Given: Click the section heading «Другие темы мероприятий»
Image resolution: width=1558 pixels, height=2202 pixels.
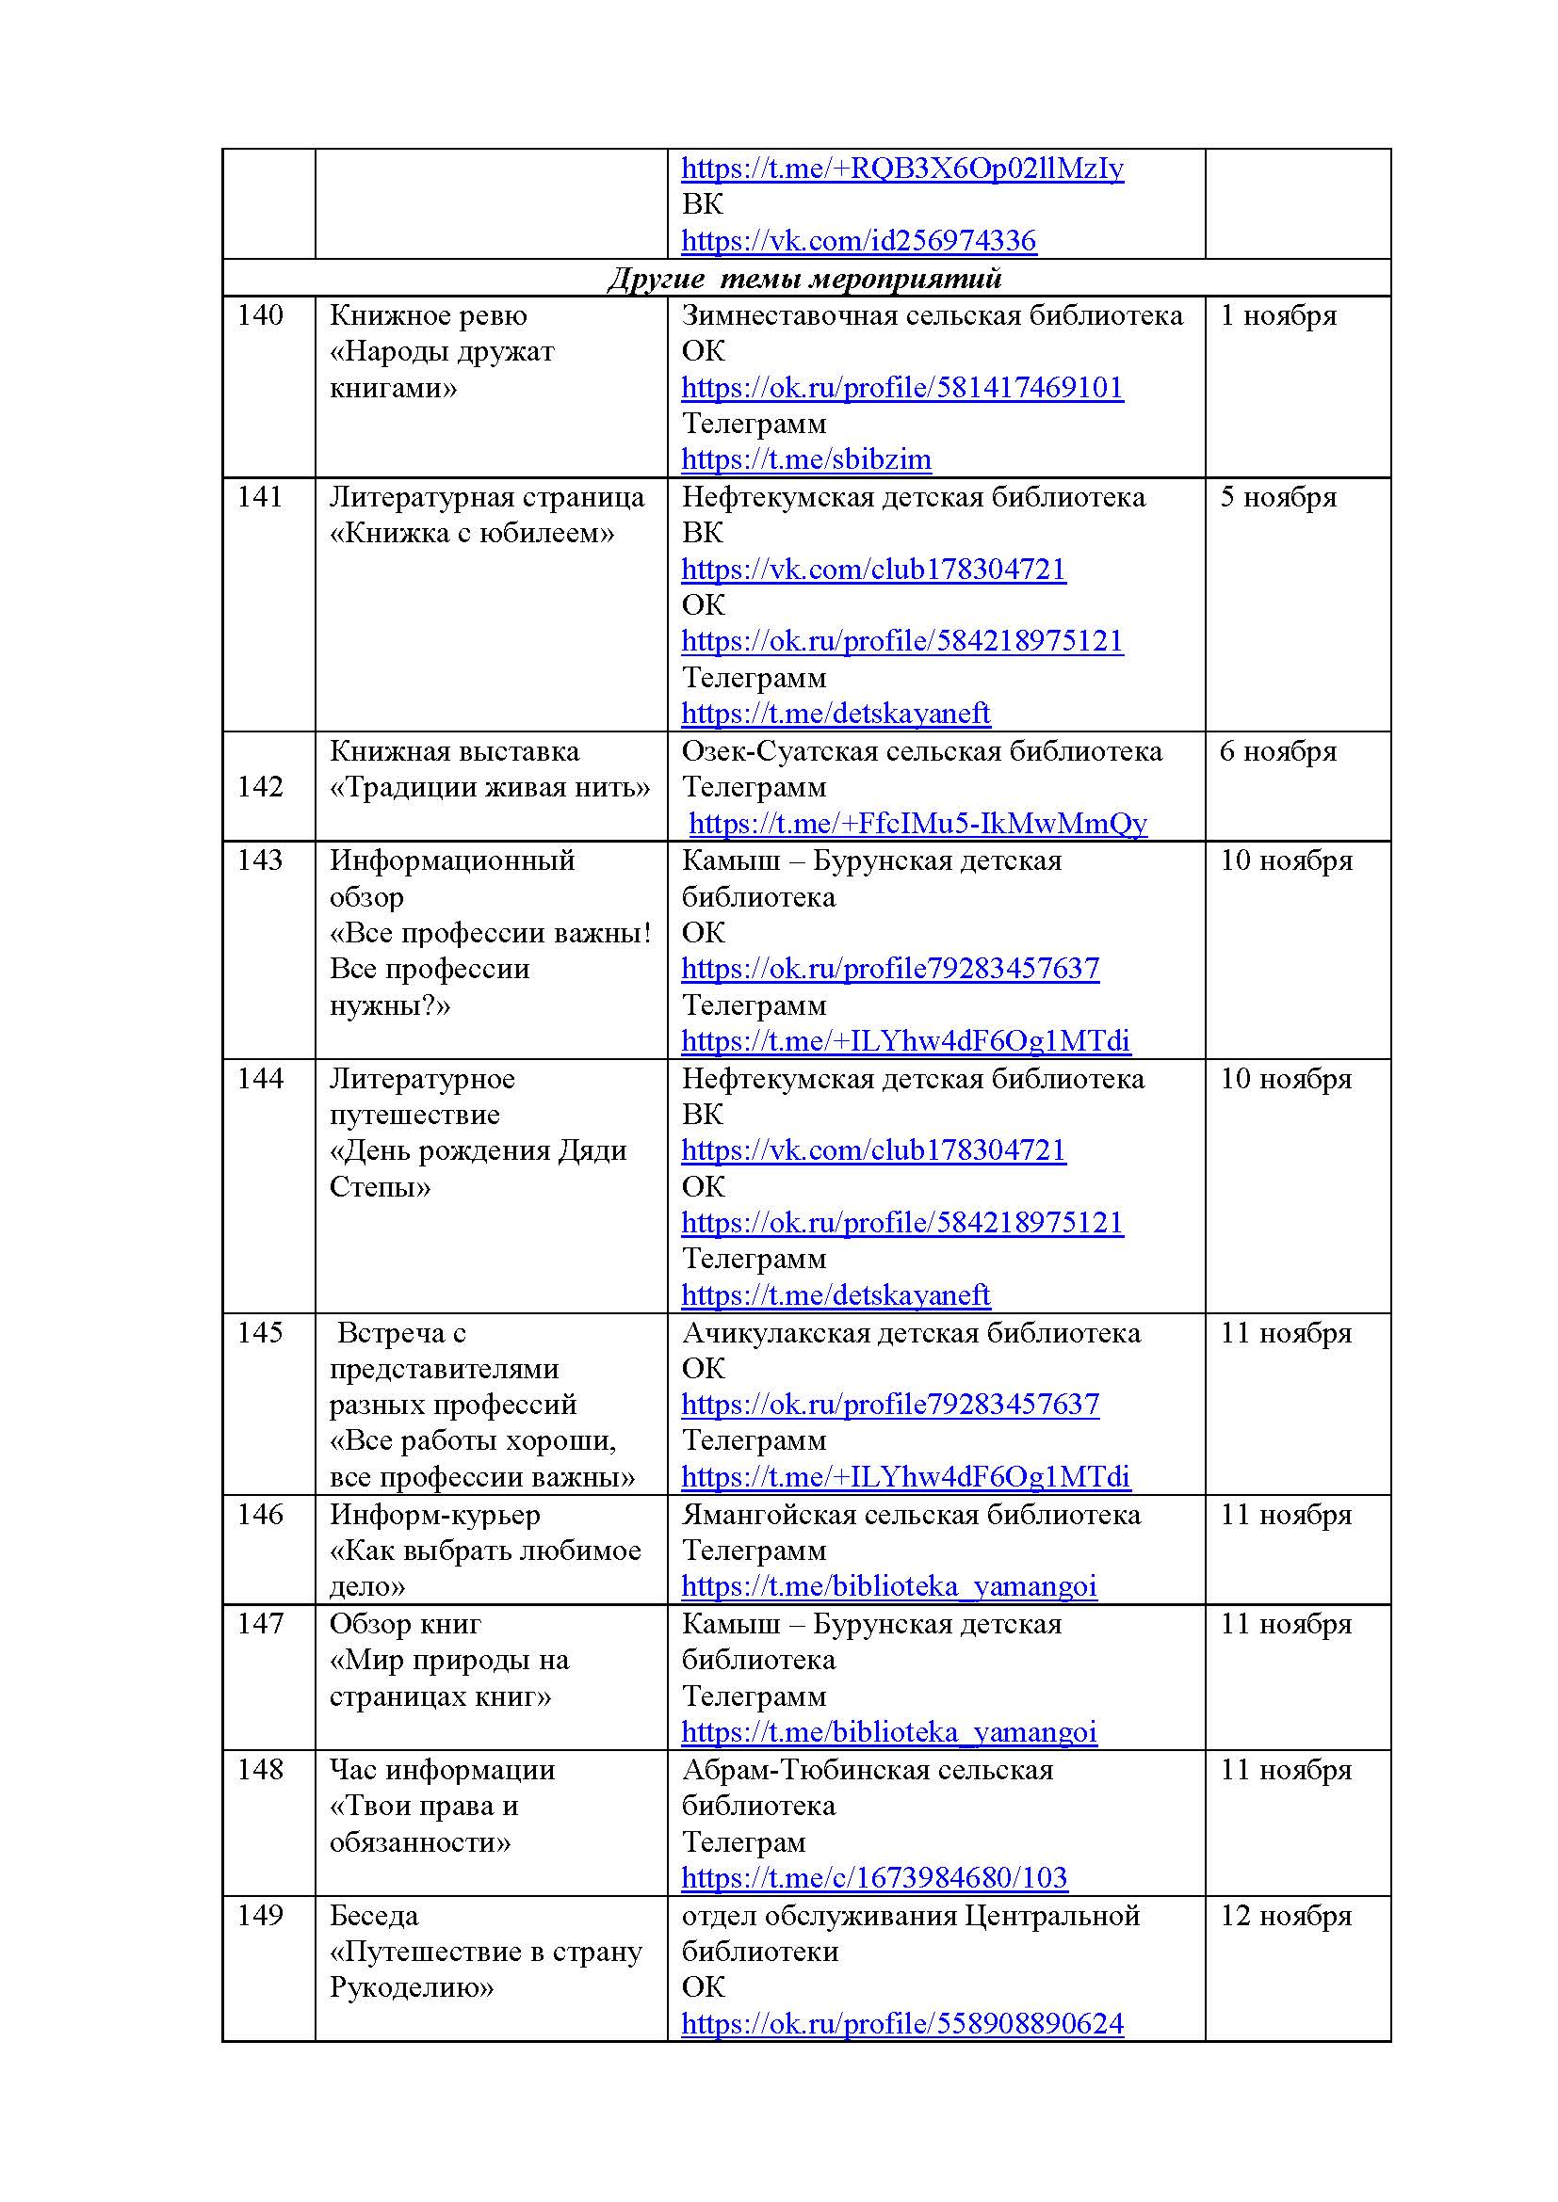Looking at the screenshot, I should (804, 279).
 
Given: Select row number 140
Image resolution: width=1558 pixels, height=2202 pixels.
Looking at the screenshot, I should (260, 315).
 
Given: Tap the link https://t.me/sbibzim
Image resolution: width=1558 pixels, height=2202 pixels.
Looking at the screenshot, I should (806, 459).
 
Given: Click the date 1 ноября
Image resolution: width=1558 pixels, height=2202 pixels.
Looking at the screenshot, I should (1278, 315).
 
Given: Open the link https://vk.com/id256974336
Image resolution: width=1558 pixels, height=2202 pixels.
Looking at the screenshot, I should (859, 241).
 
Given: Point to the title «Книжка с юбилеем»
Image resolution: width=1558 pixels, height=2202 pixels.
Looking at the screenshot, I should (472, 533).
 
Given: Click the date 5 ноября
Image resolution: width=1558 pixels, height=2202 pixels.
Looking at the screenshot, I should (1278, 498).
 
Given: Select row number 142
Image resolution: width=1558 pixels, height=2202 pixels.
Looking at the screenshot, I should (260, 787).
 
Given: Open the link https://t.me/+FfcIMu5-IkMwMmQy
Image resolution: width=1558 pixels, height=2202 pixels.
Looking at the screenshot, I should (918, 824).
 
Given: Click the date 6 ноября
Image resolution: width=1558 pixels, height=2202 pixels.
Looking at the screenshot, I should (1278, 752).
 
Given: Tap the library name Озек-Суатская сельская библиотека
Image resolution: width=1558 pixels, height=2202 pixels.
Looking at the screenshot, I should (922, 752).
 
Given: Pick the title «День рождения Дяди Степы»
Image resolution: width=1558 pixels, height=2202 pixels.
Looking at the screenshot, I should (478, 1169).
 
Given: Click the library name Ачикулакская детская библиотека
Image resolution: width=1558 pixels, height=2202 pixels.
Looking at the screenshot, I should (912, 1333).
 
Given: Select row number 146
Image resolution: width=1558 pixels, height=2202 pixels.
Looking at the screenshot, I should (260, 1516).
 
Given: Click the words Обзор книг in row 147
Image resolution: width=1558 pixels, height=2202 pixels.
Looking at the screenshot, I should (405, 1625).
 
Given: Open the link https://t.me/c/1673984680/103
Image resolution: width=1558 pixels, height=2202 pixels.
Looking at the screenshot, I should (874, 1878).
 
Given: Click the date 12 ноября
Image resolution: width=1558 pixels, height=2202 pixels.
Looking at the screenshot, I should (1286, 1916).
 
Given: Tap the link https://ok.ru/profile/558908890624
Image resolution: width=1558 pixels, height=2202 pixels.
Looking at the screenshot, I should (901, 2024).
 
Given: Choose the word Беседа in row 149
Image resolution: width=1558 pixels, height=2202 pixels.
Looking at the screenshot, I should (374, 1916).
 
